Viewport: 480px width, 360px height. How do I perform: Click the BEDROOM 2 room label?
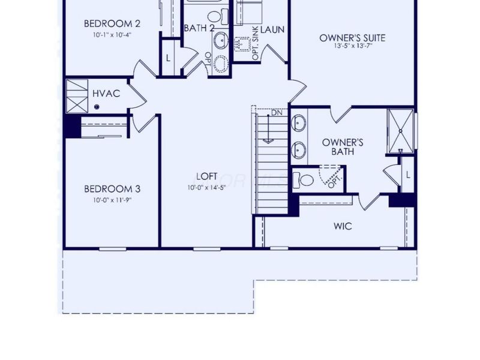pyautogui.click(x=112, y=24)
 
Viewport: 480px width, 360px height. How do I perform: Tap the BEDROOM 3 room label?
pyautogui.click(x=112, y=189)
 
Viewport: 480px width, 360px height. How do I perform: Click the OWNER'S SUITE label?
pyautogui.click(x=352, y=38)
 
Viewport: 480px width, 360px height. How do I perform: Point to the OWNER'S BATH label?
pyautogui.click(x=342, y=147)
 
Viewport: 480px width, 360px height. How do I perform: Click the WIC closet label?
pyautogui.click(x=342, y=226)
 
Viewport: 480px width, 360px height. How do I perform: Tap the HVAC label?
pyautogui.click(x=106, y=94)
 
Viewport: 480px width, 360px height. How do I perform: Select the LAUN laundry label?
pyautogui.click(x=272, y=29)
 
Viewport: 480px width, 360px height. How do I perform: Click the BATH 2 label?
pyautogui.click(x=199, y=28)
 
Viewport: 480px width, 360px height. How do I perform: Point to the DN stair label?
pyautogui.click(x=277, y=113)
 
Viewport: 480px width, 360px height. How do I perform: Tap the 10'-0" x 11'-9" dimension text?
pyautogui.click(x=112, y=200)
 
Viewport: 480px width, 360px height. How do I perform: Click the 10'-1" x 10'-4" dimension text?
pyautogui.click(x=112, y=35)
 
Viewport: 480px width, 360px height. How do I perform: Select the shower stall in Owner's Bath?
pyautogui.click(x=400, y=130)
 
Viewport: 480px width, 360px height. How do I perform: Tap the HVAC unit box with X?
pyautogui.click(x=77, y=95)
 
